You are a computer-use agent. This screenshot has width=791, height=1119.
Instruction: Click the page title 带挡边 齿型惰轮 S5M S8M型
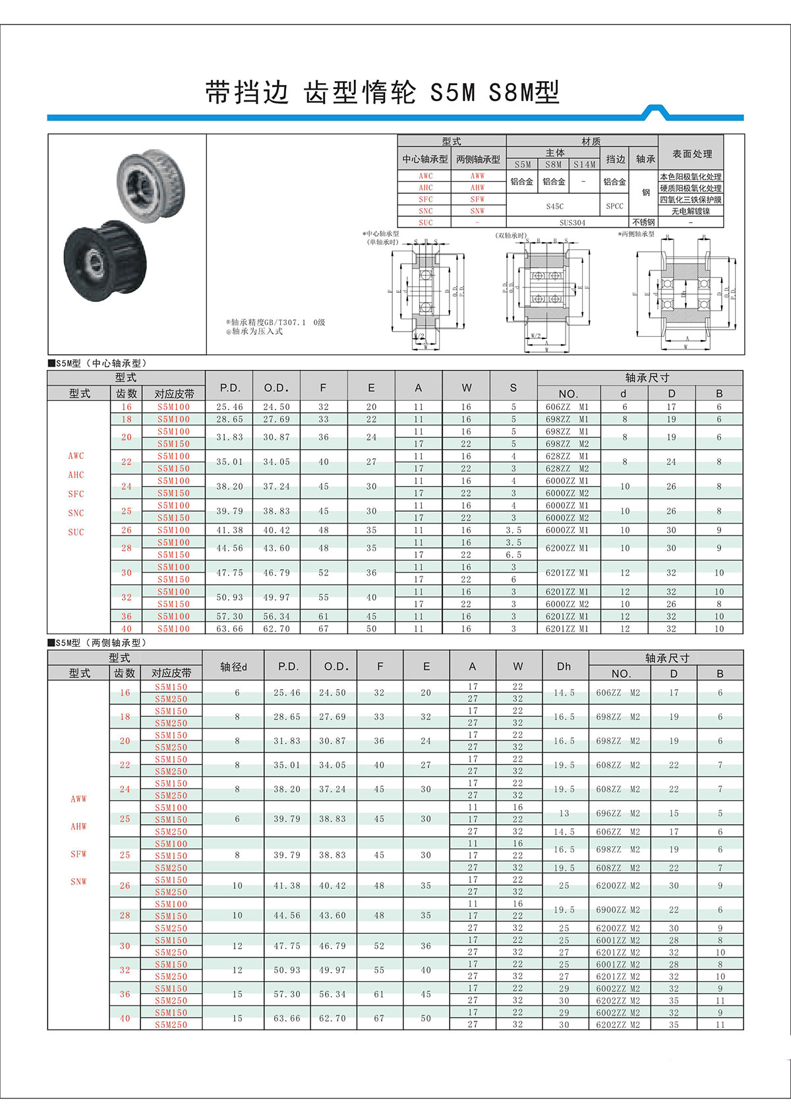coord(382,92)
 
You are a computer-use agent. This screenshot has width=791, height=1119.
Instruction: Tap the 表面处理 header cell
coord(691,154)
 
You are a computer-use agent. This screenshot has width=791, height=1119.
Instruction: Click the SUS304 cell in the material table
coord(572,223)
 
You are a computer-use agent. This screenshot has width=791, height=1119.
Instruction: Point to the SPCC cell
coord(614,206)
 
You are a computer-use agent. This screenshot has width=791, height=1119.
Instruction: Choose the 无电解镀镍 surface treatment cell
coord(691,211)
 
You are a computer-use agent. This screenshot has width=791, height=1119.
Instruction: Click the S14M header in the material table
coord(584,165)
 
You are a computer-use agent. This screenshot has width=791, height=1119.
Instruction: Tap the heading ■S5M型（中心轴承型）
coord(99,363)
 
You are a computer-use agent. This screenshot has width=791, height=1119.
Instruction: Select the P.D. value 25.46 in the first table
coord(229,407)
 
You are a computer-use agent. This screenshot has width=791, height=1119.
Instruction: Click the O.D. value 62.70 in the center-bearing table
coord(276,628)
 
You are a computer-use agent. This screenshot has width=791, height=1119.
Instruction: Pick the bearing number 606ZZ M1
coord(567,407)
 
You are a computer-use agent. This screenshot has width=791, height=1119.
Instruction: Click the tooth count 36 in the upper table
coord(126,616)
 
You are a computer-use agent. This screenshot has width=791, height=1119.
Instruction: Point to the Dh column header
coord(564,666)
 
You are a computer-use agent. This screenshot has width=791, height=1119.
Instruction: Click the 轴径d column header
coord(233,666)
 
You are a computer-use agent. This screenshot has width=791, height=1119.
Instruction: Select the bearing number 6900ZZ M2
coord(618,910)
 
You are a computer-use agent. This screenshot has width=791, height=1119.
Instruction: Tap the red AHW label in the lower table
coord(78,826)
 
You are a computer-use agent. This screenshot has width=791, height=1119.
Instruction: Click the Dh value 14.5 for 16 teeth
coord(564,692)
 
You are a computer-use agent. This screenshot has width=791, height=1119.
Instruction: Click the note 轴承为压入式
coord(257,332)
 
